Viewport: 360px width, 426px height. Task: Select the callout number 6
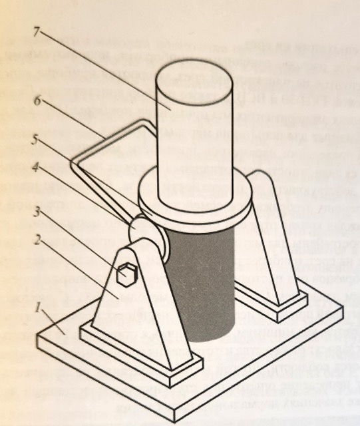click(38, 101)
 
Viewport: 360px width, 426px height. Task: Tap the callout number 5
click(36, 140)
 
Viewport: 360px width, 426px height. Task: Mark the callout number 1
click(38, 308)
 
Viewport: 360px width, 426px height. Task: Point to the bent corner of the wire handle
click(73, 162)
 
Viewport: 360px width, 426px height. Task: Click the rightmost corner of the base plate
click(343, 306)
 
